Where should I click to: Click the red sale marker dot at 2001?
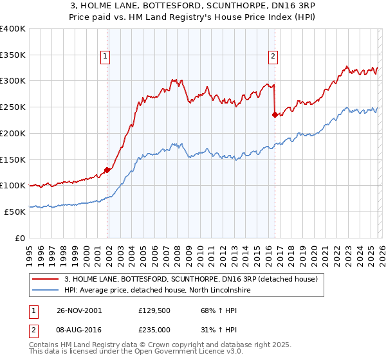[x=107, y=170]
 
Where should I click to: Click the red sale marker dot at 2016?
[x=275, y=115]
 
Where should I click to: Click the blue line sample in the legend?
[x=46, y=290]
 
